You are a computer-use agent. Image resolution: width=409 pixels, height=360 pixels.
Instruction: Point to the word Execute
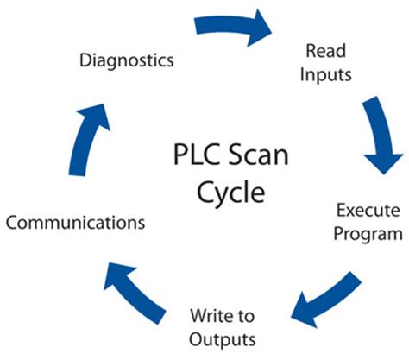368,209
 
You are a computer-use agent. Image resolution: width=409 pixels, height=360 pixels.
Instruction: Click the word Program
368,233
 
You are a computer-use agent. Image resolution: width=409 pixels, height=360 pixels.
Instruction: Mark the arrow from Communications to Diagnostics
82,137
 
